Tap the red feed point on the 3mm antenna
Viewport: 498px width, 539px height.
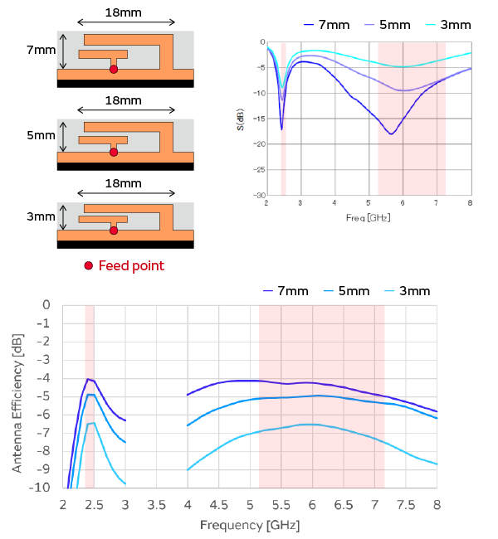[114, 231]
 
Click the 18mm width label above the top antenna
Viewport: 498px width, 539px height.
[124, 13]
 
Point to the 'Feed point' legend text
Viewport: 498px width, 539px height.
[131, 266]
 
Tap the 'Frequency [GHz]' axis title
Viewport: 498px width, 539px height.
[249, 525]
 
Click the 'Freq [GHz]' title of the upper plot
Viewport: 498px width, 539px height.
[368, 217]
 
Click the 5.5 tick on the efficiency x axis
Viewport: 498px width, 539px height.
[281, 503]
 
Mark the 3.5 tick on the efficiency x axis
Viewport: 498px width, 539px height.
[156, 503]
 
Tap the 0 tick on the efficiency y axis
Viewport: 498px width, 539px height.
[46, 305]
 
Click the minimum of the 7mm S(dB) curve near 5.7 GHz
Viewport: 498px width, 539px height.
[391, 134]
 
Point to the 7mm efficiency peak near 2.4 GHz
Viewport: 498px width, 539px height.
[87, 379]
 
